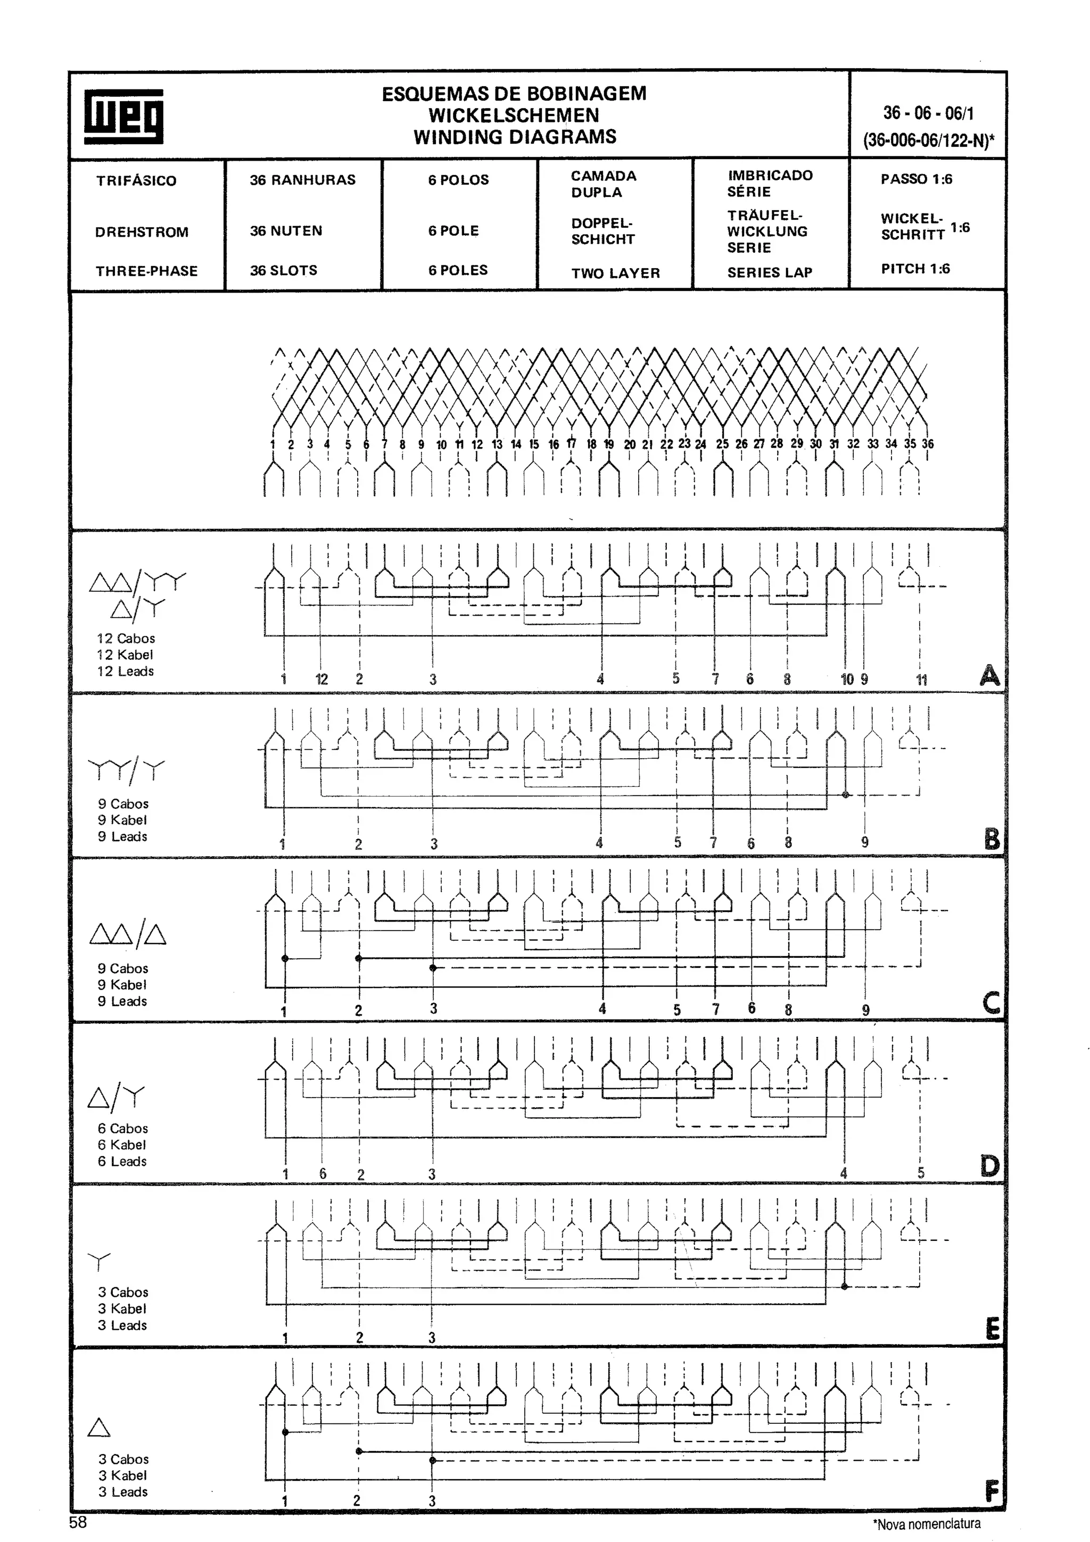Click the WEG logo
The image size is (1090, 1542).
123,116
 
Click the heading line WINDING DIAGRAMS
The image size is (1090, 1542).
515,137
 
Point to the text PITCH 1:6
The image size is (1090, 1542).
915,269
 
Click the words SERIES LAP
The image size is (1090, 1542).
770,272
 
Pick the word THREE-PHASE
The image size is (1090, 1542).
146,271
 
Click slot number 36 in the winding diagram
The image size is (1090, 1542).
928,444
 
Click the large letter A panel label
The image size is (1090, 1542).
990,675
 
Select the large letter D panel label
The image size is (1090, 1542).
990,1166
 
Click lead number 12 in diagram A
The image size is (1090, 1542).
321,679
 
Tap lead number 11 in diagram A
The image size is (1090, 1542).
921,679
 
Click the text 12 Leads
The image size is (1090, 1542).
126,671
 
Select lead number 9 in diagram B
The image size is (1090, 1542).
865,842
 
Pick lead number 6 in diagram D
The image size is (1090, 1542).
323,1173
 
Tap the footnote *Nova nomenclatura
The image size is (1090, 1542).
926,1524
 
